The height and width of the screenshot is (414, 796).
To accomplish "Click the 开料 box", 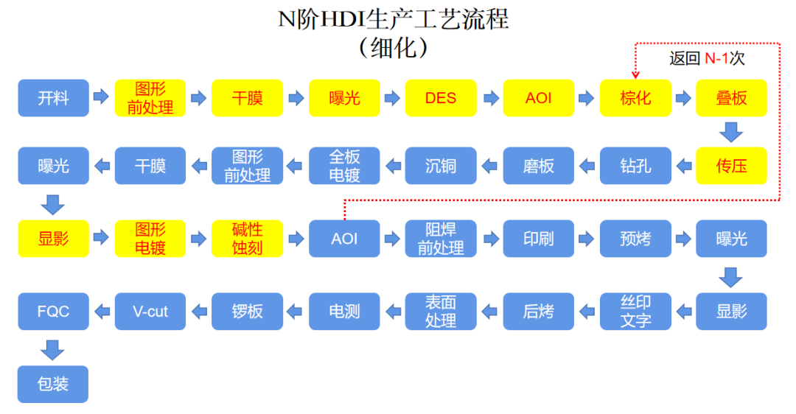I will click(53, 98).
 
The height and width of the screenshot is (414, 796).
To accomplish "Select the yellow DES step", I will click(441, 98).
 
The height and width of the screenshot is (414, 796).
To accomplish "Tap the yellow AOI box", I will click(538, 98).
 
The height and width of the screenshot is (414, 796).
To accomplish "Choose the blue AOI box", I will click(344, 239).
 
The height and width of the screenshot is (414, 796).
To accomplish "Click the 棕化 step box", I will click(635, 98).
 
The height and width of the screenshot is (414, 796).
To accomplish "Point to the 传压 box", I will click(731, 166).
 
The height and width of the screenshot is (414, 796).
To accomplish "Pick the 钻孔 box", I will click(635, 166).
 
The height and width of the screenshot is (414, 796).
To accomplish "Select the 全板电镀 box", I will click(344, 166).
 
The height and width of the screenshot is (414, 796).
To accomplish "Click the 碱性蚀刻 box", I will click(248, 239).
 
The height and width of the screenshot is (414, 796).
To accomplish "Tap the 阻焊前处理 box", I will click(441, 239).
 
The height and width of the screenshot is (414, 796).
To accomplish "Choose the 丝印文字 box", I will click(635, 311).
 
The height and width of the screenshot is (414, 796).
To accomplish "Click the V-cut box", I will click(150, 311).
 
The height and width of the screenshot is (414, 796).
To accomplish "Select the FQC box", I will click(53, 311).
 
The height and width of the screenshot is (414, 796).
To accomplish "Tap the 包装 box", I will click(53, 384).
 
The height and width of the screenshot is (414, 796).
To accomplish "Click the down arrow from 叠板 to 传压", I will click(731, 132).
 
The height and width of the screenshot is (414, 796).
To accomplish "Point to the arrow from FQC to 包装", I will click(53, 348).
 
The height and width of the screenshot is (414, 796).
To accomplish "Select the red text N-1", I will click(721, 59).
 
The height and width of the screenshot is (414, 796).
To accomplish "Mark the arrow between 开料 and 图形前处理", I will click(102, 97).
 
